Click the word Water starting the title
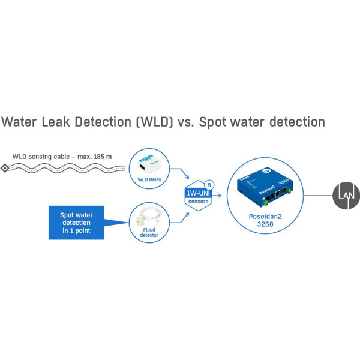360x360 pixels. pos(22,122)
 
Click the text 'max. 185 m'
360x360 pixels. pos(94,157)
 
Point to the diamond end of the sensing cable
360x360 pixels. pos(5,168)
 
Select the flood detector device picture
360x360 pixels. pos(148,216)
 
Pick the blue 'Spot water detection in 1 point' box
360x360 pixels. pos(76,223)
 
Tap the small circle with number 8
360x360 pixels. pos(209,184)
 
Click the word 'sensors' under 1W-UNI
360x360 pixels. pos(199,202)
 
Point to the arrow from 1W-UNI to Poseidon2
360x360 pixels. pos(218,195)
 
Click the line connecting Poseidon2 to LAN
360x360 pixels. pos(318,195)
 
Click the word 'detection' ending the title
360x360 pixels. pos(292,122)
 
